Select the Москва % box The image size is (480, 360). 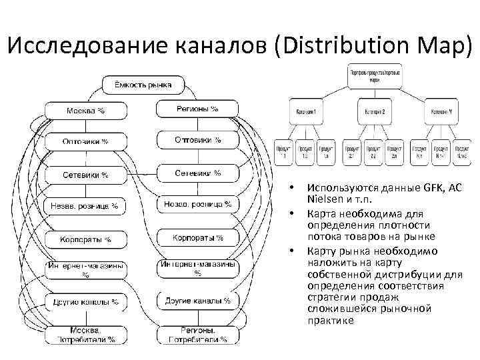[x=85, y=109]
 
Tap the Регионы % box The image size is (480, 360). [x=197, y=109]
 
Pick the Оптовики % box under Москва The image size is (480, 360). [x=85, y=141]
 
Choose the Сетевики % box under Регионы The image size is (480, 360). [x=197, y=173]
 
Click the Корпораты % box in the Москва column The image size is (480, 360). [x=85, y=239]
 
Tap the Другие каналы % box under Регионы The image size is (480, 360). [x=197, y=301]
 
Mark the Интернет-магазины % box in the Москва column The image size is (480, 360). [x=85, y=269]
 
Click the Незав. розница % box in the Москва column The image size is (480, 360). [x=85, y=206]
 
